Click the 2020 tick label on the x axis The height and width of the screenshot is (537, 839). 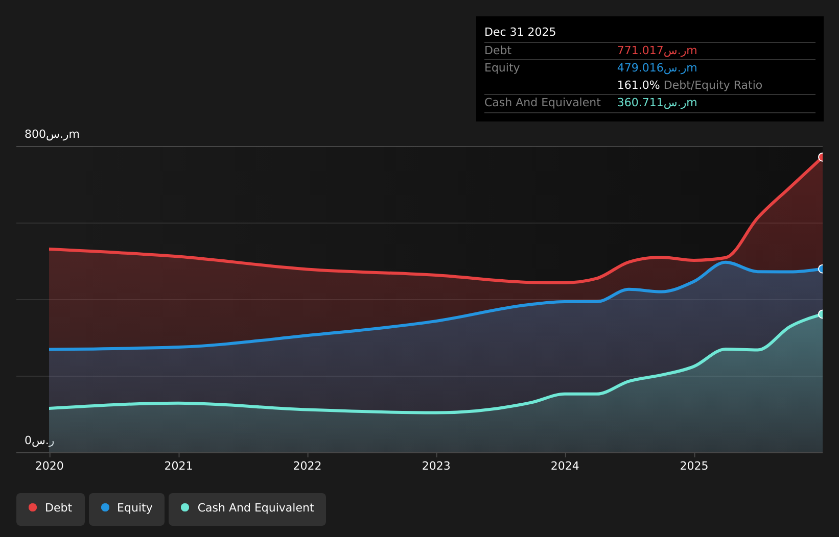50,466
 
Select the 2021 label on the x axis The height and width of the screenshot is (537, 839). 178,466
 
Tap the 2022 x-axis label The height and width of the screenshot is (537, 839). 307,466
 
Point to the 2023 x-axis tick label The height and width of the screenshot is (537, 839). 436,466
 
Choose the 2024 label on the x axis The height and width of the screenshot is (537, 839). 565,466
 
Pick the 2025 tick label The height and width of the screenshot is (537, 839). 694,466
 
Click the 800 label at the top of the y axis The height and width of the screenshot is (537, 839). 52,134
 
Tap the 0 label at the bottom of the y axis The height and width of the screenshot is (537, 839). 39,441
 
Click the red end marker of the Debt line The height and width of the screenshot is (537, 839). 822,157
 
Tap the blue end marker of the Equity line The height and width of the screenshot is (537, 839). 822,269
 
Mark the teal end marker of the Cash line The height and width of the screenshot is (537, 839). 822,314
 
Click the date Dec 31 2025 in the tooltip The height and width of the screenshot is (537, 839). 520,32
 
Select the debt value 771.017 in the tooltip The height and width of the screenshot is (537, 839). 657,51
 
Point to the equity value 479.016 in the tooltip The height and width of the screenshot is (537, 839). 657,68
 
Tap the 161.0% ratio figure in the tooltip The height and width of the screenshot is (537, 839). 638,85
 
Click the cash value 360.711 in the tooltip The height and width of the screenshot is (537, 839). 657,103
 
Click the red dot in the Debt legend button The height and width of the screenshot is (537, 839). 33,507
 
